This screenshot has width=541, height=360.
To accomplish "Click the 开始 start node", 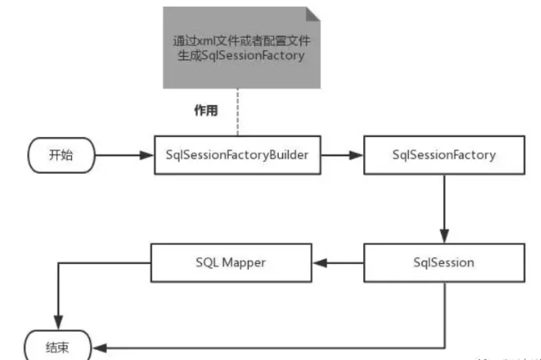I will [x=61, y=155].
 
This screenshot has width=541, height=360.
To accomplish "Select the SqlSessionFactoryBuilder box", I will [x=238, y=155].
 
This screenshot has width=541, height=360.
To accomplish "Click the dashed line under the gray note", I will [x=237, y=112].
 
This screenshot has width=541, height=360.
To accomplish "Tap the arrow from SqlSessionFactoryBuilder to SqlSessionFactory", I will [x=341, y=155].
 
